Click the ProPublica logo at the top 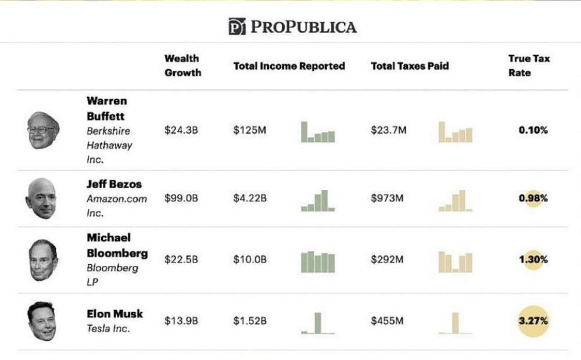[292, 26]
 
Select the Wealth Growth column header [182, 66]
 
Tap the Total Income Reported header [289, 66]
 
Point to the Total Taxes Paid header [410, 66]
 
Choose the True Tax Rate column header [528, 66]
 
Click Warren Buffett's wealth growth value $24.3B [181, 131]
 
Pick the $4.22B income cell [250, 198]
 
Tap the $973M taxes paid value [387, 198]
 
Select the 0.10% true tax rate [533, 130]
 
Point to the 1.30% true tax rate [533, 260]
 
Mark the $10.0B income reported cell [250, 260]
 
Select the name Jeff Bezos [114, 184]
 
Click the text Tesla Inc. [108, 329]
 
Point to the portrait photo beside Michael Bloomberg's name [44, 260]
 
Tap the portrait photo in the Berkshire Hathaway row [44, 130]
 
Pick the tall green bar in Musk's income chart [318, 322]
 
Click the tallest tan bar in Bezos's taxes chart [462, 200]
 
